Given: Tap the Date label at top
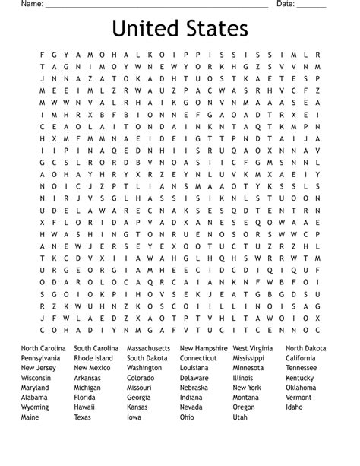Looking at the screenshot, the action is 285,5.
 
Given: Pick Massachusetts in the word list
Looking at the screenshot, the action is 150,348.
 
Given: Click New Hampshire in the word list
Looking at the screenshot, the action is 204,348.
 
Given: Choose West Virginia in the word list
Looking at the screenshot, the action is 254,348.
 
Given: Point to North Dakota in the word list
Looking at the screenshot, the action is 306,348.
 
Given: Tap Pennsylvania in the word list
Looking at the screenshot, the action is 41,358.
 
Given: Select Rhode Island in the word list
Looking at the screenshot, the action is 93,358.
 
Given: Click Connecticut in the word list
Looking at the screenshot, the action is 198,358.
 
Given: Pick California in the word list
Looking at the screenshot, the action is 301,358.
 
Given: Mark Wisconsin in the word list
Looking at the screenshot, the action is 36,378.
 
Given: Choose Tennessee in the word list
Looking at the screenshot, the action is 302,368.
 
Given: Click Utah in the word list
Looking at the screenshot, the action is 240,417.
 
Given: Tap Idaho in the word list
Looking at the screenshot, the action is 294,407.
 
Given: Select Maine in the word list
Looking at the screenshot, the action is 30,417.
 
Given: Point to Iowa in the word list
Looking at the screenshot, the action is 134,417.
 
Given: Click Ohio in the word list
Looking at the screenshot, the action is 187,417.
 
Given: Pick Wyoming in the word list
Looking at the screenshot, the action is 36,407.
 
